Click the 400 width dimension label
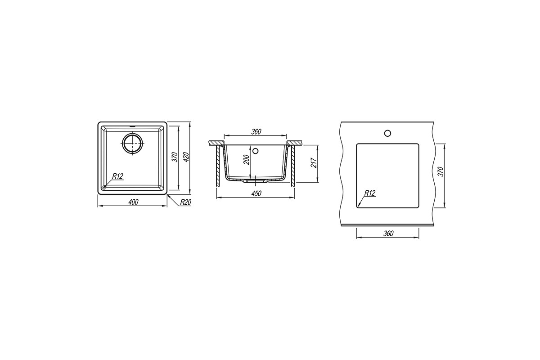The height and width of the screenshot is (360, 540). (x=133, y=202)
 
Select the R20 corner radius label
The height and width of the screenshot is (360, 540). (x=185, y=202)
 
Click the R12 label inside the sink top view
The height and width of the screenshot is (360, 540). (x=117, y=176)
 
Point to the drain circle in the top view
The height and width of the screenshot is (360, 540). (x=133, y=143)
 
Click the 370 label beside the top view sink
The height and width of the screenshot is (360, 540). (x=175, y=157)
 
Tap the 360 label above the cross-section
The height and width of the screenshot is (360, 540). (x=256, y=132)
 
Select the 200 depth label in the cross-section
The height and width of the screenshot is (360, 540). (x=247, y=160)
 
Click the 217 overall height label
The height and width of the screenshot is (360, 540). (x=313, y=163)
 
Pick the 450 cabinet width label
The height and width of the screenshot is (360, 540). (x=256, y=193)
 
